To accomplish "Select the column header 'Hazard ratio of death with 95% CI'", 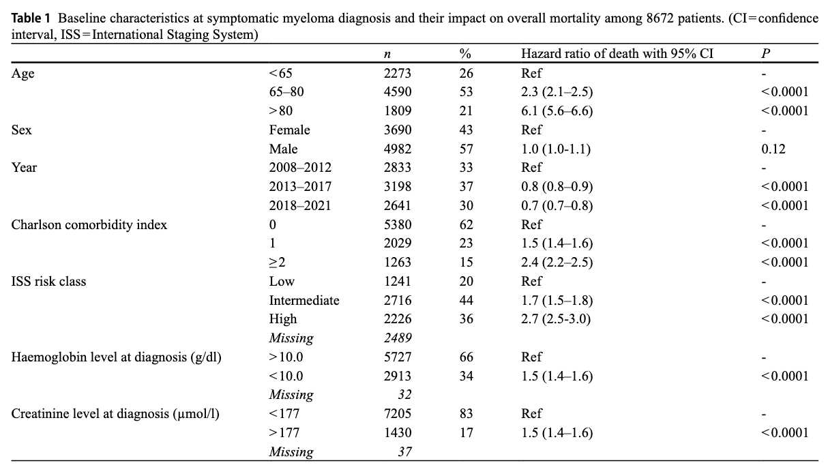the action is coord(617,54).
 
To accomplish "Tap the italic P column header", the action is coord(765,54).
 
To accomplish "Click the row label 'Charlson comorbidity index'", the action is coord(89,224).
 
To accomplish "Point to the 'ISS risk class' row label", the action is coord(48,281).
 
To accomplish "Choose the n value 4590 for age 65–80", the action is coord(398,91).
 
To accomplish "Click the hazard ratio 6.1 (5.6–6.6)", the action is coord(557,111).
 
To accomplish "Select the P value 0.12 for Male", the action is coord(773,149).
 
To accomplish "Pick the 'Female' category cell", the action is coord(289,130).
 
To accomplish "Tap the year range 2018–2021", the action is coord(300,205).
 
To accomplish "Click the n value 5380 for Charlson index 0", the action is coord(398,224).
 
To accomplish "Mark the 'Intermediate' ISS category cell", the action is coord(304,300).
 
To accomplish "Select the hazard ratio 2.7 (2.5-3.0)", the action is coord(556,319).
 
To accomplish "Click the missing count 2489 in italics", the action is coord(398,338).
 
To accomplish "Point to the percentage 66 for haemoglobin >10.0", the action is coord(466,357).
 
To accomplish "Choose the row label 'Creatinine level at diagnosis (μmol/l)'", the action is coord(115,414).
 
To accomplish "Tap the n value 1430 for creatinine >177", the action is coord(398,433).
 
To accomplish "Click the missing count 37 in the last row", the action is coord(404,451).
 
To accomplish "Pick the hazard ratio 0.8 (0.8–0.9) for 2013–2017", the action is coord(557,187).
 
